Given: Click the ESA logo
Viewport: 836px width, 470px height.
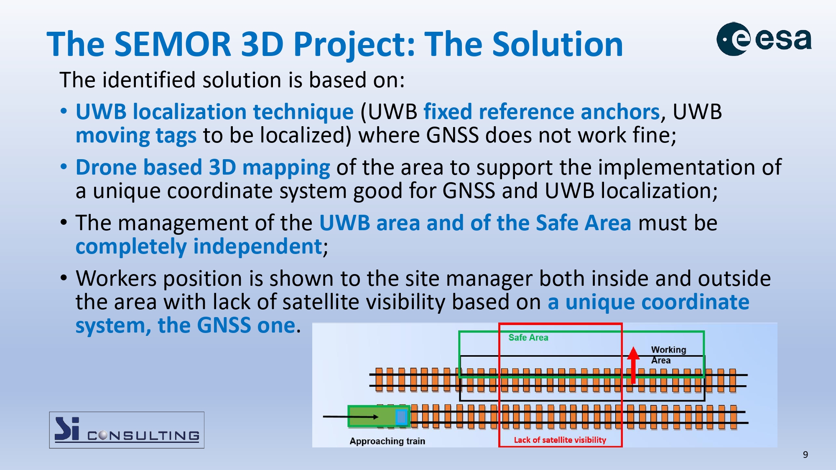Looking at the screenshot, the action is click(764, 39).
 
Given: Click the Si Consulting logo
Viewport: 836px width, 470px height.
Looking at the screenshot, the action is click(127, 430).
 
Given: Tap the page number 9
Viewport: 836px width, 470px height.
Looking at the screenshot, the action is click(805, 455).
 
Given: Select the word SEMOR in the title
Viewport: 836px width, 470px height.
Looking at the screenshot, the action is click(173, 44).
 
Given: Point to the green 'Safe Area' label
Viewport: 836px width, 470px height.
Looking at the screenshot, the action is click(528, 338).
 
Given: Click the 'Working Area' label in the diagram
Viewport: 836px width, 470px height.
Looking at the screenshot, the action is click(668, 355).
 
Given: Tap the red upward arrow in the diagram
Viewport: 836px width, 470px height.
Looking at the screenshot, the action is click(633, 365).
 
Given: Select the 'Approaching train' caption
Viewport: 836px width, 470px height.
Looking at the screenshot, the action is click(387, 441).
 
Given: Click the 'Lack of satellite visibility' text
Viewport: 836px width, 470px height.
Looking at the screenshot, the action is click(560, 440).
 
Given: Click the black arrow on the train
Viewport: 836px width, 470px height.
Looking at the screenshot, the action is click(351, 417).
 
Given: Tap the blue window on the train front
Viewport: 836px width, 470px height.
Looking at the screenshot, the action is click(401, 417).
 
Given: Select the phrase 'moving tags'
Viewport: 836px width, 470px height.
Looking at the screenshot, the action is click(136, 136).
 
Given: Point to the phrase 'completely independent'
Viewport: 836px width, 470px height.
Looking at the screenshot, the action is click(199, 246).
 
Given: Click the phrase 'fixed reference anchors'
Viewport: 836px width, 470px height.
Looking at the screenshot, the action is click(542, 112).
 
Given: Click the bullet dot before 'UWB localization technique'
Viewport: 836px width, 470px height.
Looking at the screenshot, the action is click(64, 112).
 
